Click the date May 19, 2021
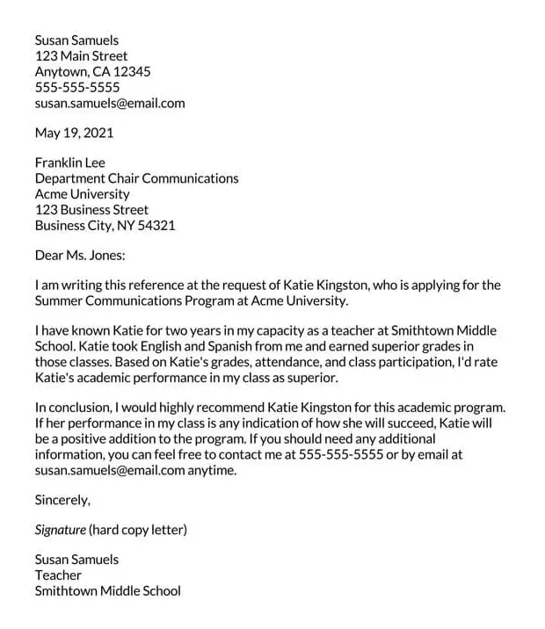pos(74,134)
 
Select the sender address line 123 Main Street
pos(81,56)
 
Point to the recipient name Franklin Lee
pos(70,163)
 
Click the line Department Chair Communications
pos(136,178)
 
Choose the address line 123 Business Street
pos(91,210)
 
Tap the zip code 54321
pos(157,226)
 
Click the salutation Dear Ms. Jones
pos(80,256)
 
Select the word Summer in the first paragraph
pos(59,300)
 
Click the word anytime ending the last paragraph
pos(212,470)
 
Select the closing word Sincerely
pos(62,500)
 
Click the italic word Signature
pos(60,530)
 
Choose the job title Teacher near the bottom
pos(58,575)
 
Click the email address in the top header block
pos(110,103)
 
